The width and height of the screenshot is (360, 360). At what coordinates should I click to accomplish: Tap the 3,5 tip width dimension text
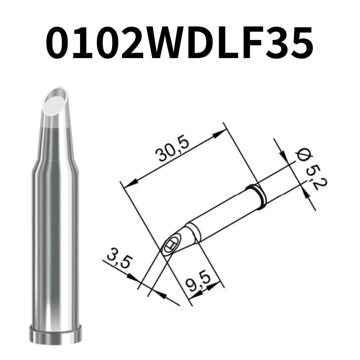click(117, 261)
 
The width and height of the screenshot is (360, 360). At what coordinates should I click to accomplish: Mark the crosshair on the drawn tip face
click(170, 246)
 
